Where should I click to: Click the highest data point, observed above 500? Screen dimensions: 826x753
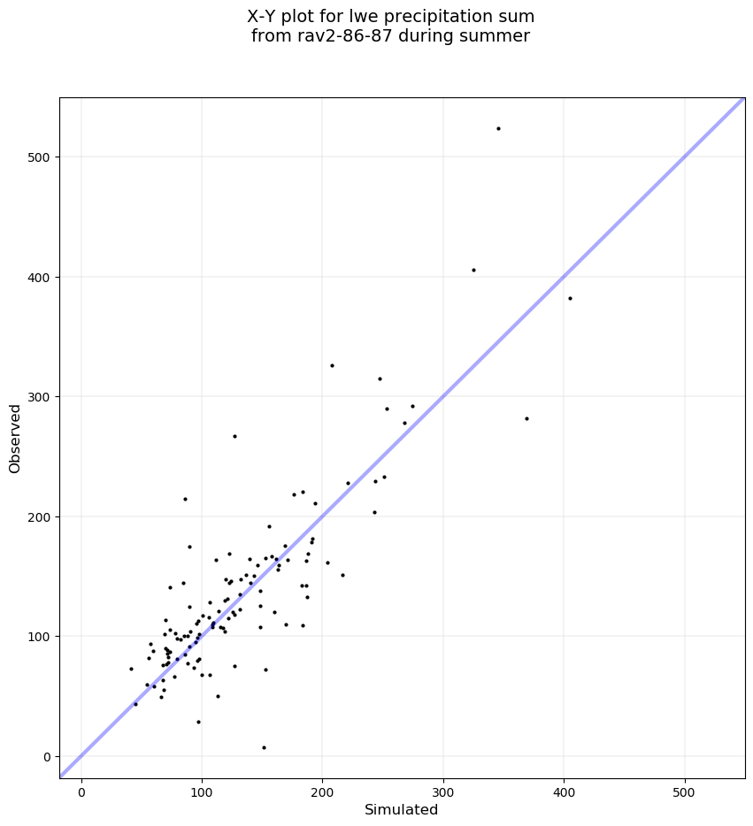498,128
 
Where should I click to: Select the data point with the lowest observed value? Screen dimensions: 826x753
264,747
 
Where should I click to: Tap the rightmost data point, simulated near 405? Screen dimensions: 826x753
570,298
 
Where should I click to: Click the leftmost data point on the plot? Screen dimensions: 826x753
131,669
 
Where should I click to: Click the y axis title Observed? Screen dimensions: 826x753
15,438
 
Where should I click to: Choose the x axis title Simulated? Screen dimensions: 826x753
402,809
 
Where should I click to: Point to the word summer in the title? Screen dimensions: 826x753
502,36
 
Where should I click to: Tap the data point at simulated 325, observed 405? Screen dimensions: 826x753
473,270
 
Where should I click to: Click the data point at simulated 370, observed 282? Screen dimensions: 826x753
526,418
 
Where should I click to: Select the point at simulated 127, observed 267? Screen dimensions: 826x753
234,436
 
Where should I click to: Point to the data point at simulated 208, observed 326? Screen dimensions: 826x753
332,365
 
